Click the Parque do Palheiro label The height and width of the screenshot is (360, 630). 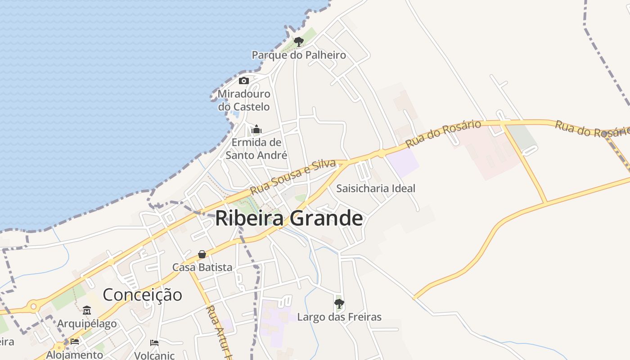point(299,55)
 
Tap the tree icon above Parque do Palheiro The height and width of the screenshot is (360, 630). point(298,42)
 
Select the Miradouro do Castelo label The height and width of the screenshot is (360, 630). point(244,100)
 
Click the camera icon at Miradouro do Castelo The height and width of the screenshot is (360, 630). point(244,81)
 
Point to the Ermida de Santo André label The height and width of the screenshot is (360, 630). point(256,149)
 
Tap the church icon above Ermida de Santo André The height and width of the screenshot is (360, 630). point(256,130)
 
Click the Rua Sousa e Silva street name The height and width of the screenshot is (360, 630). point(293,177)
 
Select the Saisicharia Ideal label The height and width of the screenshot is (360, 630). point(376,188)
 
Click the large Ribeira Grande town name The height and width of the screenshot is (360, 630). point(289,219)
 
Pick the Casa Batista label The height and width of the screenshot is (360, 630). point(202,267)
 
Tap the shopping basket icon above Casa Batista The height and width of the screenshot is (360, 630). point(202,254)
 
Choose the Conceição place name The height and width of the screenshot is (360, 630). point(143,295)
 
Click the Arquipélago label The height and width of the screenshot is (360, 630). point(87,324)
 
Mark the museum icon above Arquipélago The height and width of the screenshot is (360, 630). point(87,310)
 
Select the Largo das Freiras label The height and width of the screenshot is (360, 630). point(339,317)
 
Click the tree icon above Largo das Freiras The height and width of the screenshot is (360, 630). point(339,304)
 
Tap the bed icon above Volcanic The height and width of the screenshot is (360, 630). point(154,342)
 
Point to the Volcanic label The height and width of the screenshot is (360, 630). point(154,355)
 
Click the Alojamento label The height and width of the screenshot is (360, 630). point(75,355)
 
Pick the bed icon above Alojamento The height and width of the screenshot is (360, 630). point(75,342)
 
